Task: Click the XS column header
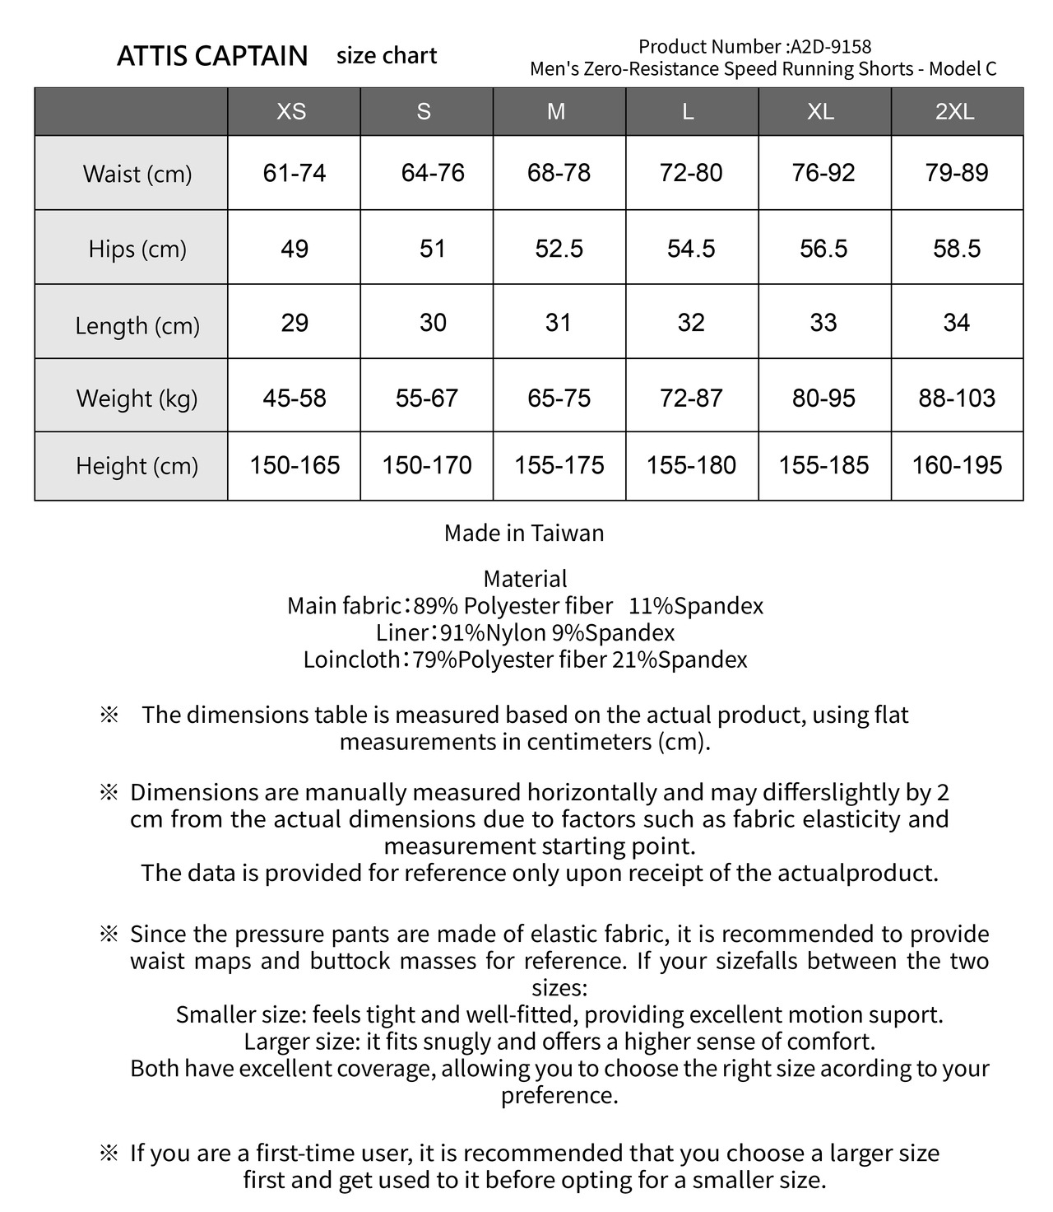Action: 292,111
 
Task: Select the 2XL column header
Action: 955,111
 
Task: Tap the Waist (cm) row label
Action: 137,174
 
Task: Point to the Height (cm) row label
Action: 137,466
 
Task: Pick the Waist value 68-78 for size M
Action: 559,173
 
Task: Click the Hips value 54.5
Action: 691,249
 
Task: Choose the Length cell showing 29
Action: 295,323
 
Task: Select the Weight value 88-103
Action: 957,399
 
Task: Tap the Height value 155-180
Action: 691,466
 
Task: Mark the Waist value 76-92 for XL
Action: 823,173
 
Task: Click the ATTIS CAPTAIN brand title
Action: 212,56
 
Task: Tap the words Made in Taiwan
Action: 524,533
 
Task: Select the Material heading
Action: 525,579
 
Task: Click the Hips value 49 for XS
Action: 295,249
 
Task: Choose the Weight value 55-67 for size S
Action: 426,399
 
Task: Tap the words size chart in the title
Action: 387,56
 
